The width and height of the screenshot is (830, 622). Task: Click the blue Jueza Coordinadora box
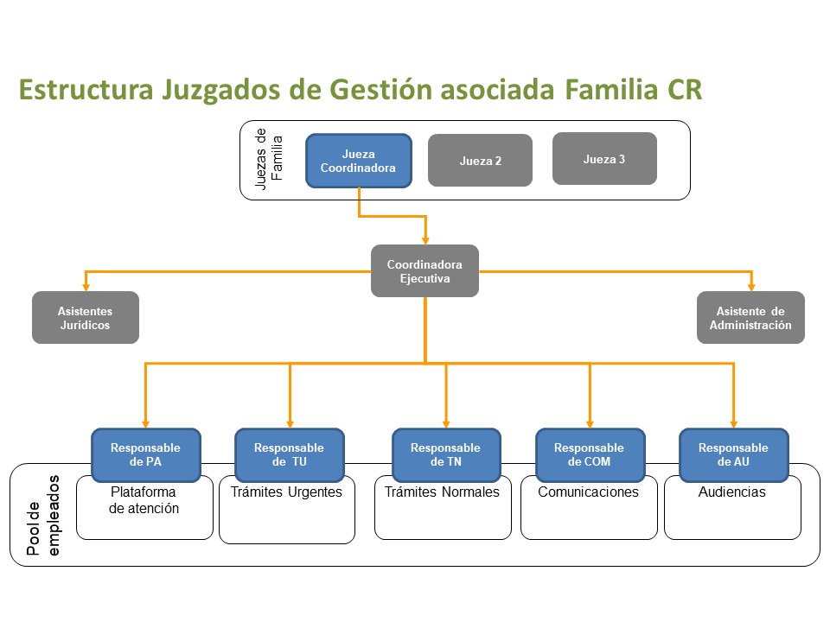coord(358,161)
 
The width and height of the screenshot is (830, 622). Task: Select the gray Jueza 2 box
coord(480,161)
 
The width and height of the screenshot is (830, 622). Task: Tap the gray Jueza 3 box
coord(604,159)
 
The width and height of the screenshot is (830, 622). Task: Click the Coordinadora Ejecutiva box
coord(425,270)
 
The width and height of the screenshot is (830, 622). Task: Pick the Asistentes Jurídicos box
coord(86,317)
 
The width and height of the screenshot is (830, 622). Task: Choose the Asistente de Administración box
coord(750,317)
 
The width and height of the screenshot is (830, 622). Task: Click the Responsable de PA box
coord(145,455)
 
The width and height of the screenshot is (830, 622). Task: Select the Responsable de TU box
coord(289,455)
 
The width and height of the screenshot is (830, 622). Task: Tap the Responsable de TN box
coord(446,455)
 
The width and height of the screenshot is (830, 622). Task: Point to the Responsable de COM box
coord(590,455)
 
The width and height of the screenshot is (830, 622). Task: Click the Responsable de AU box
coord(734,455)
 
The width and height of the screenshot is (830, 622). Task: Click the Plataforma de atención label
coord(144,500)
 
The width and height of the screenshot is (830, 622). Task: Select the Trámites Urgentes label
coord(286,492)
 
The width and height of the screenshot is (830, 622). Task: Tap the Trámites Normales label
coord(442,492)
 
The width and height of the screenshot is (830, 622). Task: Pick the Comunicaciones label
coord(588,492)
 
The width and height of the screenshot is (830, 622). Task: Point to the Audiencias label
coord(732,492)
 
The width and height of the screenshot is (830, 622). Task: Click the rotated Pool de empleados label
coord(43,515)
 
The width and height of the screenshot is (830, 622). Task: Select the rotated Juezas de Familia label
coord(269,159)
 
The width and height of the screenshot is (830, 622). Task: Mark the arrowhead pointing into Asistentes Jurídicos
coord(86,287)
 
